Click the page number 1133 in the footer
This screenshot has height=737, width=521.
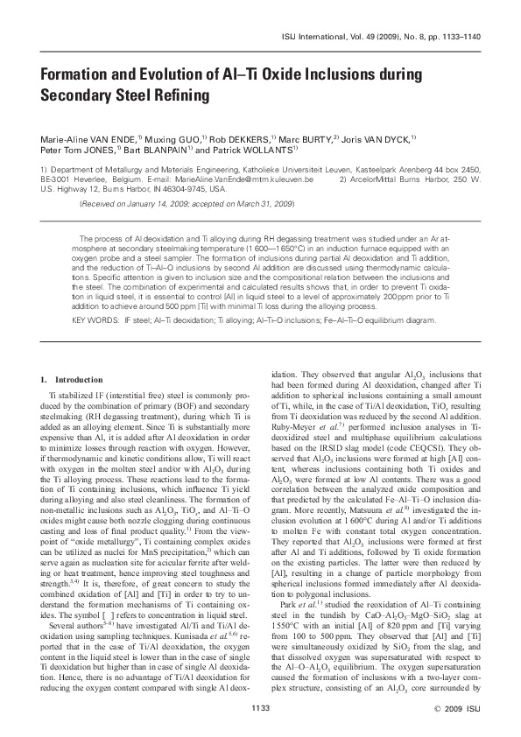pos(260,705)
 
